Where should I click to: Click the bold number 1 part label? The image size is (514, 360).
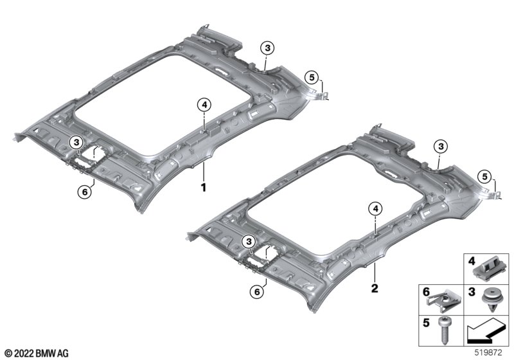pos(204,188)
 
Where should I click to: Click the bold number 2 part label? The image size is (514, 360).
pos(375,288)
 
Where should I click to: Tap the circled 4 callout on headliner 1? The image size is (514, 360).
pos(204,105)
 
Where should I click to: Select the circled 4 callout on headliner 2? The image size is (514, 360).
pos(375,208)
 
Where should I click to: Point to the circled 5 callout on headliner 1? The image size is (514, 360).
pos(312,77)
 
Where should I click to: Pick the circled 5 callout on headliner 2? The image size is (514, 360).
pos(484,177)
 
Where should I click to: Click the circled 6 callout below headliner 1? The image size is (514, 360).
pos(85,192)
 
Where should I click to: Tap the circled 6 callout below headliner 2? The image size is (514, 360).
pos(257,291)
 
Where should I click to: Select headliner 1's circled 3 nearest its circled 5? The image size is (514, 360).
pos(267,48)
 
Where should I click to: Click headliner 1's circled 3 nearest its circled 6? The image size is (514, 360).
pos(76,143)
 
